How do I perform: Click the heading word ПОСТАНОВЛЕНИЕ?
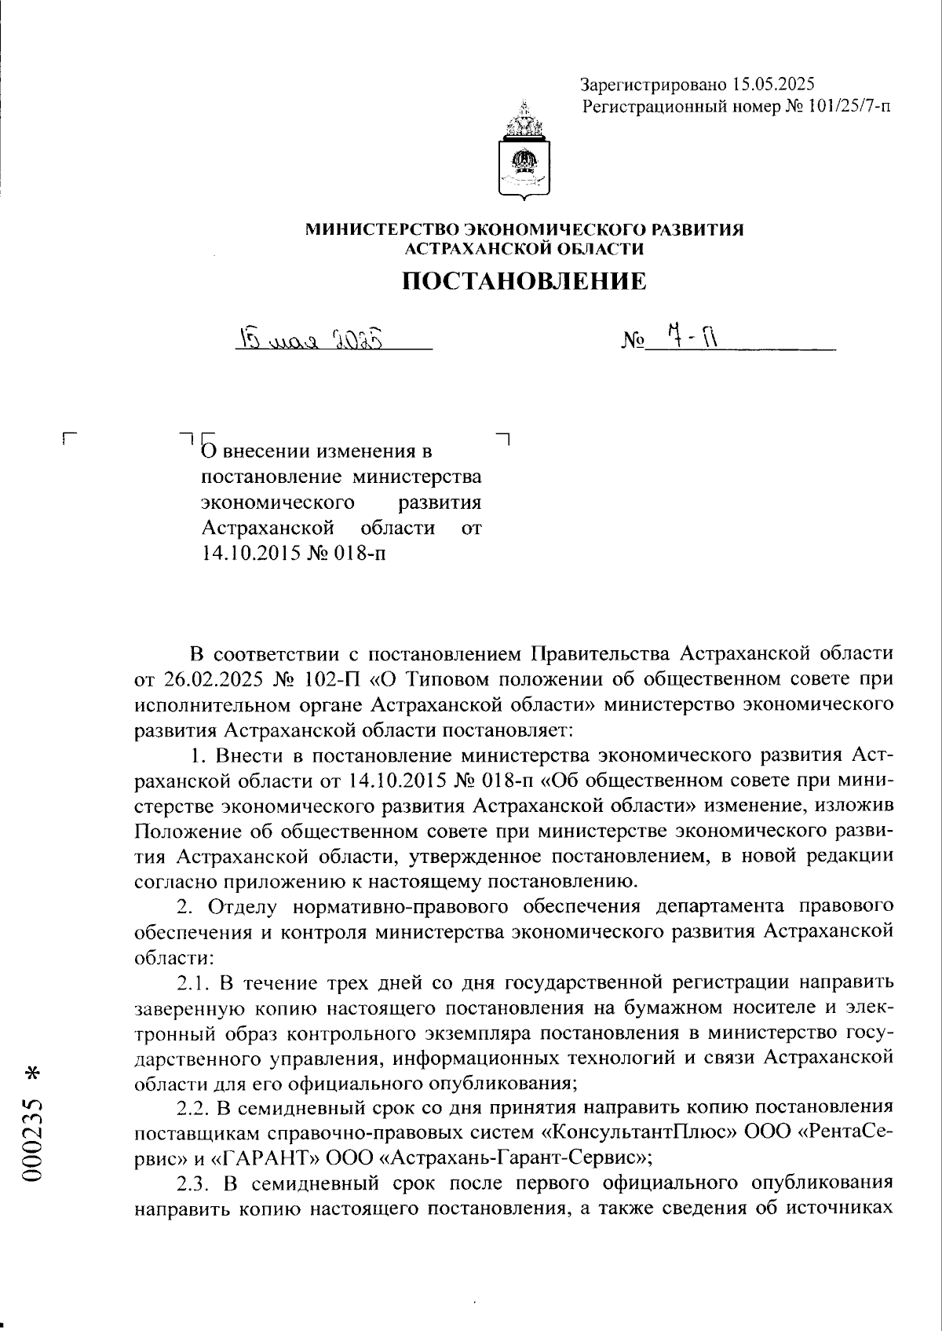(524, 281)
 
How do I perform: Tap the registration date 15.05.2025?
(773, 84)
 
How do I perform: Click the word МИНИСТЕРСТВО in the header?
(379, 230)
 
